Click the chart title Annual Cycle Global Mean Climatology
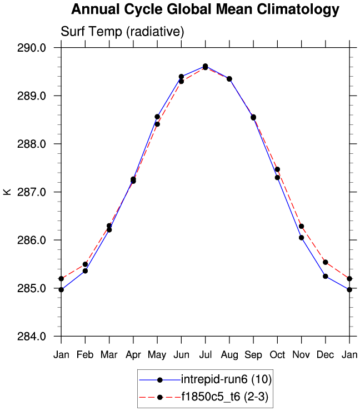coord(205,9)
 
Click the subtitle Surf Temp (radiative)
coord(122,32)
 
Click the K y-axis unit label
coord(7,192)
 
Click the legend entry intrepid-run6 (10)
coord(226,380)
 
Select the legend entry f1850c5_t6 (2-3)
coord(226,397)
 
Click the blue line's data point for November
coord(301,238)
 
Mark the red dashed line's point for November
coord(301,226)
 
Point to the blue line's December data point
coord(326,276)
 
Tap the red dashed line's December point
coord(326,262)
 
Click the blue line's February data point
coord(85,271)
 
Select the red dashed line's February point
coord(85,264)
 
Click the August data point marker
coord(229,79)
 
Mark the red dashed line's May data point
coord(157,124)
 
